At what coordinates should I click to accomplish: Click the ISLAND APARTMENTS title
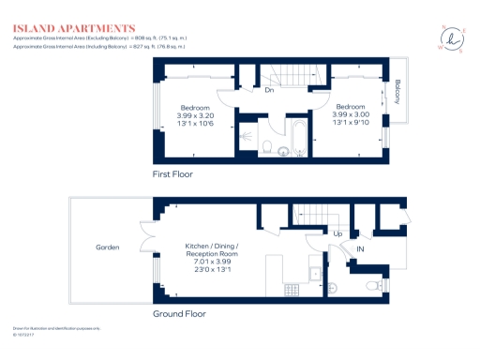coord(74,28)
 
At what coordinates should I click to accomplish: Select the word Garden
coord(108,247)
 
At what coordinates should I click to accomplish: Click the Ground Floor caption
coord(179,314)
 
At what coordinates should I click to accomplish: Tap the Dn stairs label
coord(268,91)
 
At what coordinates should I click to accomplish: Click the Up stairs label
coord(337,233)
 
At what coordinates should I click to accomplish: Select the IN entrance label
coord(359,249)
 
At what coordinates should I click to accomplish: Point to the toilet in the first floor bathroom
coord(268,145)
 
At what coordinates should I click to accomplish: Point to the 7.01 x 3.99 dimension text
coord(212,262)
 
